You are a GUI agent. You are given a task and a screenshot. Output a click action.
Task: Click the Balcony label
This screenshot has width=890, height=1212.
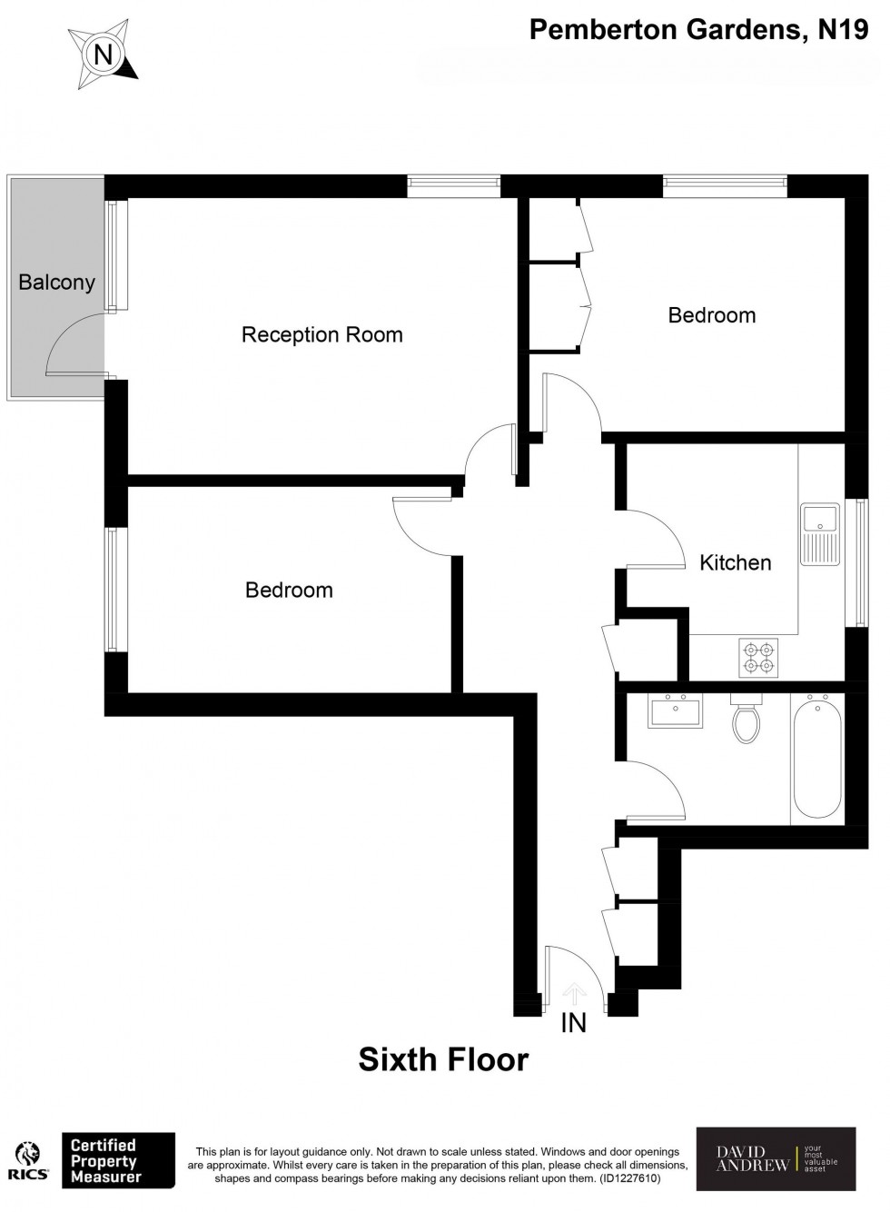pos(56,283)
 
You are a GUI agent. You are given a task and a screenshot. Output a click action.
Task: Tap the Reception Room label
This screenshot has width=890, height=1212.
pos(321,334)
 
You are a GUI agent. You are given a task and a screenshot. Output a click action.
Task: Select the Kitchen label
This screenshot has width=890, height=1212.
pos(735,562)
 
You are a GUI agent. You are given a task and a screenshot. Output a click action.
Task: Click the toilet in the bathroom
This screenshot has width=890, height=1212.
pos(747,720)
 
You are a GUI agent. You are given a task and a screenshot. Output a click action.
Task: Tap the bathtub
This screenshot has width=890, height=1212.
pos(817,758)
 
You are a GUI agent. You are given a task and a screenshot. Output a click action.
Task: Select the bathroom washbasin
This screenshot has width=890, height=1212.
pos(675,710)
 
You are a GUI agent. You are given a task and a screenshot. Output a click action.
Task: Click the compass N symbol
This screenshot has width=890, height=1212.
pos(104,55)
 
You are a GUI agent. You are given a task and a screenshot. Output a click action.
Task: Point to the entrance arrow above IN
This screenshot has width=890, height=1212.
pos(574,992)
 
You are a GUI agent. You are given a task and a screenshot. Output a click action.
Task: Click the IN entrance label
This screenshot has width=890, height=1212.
pos(574,1023)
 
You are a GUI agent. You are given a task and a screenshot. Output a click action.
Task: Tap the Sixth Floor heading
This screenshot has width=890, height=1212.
pos(443,1059)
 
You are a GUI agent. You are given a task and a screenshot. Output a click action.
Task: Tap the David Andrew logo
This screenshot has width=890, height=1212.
pos(776,1158)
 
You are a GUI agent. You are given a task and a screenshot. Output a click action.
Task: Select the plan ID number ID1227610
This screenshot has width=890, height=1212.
pos(628,1178)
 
